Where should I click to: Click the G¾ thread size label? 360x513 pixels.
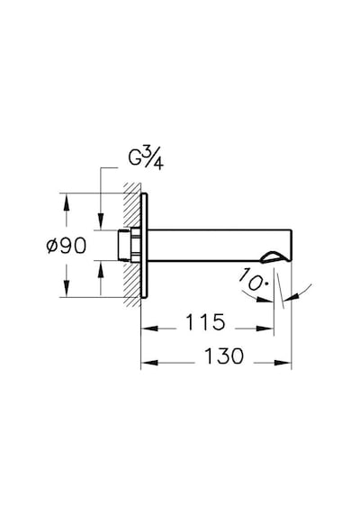pos(146,159)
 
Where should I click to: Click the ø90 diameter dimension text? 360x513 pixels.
pos(67,245)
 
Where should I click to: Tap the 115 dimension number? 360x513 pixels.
pos(205,322)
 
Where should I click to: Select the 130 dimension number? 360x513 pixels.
pos(224,355)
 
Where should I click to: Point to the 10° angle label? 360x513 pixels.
pos(252,279)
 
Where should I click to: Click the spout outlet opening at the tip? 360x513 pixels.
pos(274,257)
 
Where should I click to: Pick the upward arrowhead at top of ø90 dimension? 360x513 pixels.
pos(66,202)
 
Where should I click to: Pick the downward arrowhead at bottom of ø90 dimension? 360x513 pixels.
pos(66,288)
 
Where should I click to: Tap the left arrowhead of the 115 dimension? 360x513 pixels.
pos(149,328)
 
